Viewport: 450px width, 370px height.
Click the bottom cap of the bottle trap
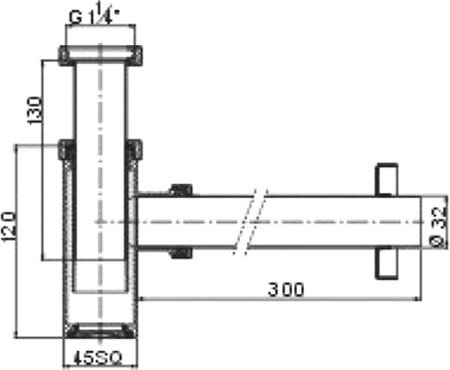[x=100, y=331]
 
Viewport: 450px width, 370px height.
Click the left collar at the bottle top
[x=66, y=151]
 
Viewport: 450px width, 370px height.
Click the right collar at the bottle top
[x=133, y=151]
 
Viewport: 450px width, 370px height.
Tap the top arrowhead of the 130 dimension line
[x=44, y=61]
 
